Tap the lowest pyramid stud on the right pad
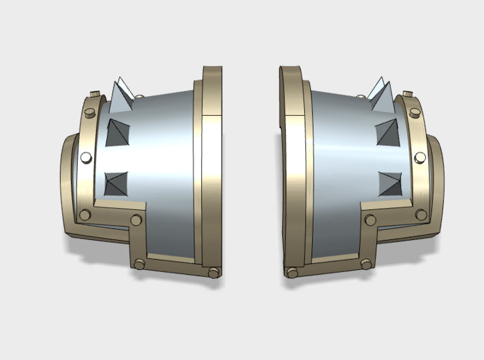389,182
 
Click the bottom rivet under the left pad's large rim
213,273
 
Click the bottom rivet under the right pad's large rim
292,273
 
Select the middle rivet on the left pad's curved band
86,157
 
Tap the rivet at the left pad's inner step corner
136,220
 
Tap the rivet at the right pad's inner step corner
370,220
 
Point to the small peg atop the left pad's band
139,95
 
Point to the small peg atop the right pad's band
407,93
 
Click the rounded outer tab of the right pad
436,184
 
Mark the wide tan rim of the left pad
213,164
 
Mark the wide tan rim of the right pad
292,164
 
